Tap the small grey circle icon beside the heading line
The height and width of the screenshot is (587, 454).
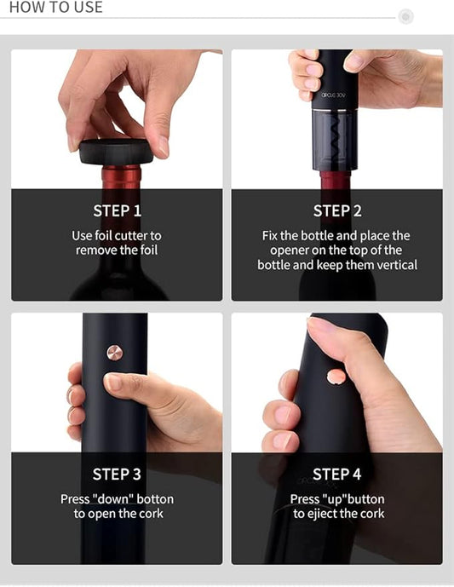(405, 16)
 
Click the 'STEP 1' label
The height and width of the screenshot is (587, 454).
(117, 210)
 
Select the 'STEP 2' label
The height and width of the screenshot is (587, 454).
(337, 210)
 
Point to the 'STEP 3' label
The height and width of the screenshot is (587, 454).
(117, 474)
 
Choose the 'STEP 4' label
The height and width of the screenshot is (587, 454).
(337, 474)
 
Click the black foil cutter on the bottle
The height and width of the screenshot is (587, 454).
(117, 153)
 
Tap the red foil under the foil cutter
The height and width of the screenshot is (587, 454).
(121, 177)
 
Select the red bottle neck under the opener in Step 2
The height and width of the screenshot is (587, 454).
(336, 181)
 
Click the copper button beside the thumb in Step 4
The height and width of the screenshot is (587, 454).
(337, 377)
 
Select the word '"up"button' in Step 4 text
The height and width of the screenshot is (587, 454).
(353, 499)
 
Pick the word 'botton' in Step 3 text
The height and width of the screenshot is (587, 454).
(155, 499)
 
